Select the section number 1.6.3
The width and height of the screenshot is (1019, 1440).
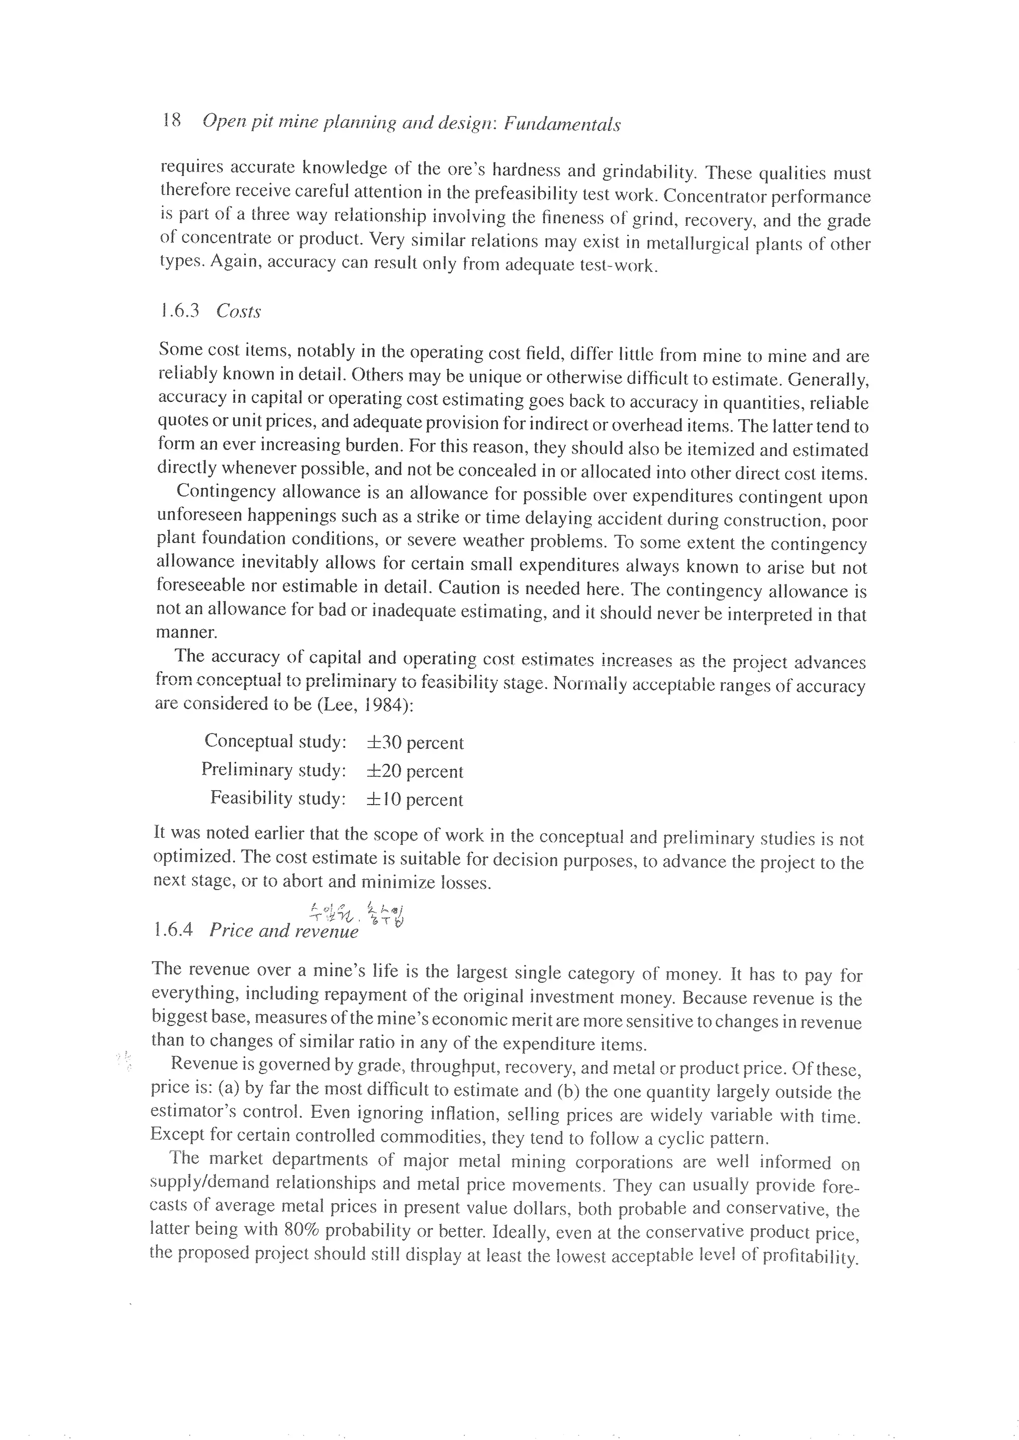(x=180, y=310)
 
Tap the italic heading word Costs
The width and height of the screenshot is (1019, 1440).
(x=238, y=311)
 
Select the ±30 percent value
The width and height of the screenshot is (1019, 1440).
(x=415, y=742)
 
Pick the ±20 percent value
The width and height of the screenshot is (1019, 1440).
(x=415, y=771)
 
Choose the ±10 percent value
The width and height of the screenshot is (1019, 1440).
(x=415, y=799)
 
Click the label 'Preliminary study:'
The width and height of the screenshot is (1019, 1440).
(x=274, y=770)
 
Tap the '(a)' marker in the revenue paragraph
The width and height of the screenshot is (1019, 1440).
(x=228, y=1087)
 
